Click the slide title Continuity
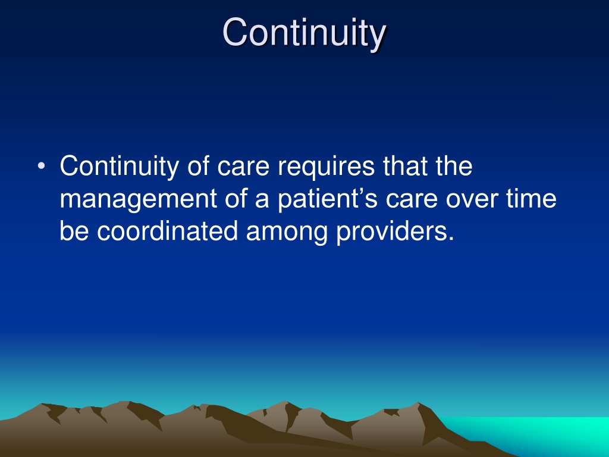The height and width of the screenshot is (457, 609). (304, 34)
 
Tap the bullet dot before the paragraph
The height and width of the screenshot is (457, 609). (41, 166)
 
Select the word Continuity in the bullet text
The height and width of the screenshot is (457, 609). (119, 167)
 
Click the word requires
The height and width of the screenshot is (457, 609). (327, 167)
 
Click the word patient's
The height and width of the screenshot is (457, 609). (328, 199)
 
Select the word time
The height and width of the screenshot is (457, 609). (531, 198)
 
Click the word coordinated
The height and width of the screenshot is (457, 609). (167, 231)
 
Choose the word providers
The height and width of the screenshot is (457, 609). (395, 231)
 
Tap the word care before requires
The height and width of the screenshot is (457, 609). (243, 167)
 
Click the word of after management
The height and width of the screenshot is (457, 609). (236, 198)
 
